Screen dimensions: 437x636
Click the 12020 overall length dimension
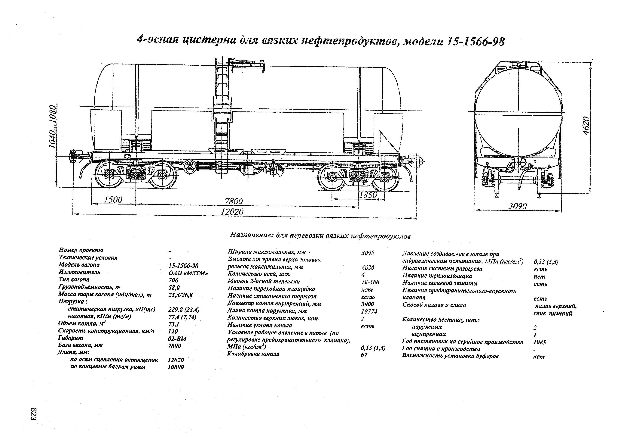(x=232, y=211)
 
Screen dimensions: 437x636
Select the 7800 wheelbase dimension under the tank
(x=234, y=201)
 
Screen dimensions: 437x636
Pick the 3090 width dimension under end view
(x=518, y=206)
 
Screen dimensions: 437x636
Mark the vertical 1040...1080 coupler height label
(x=53, y=126)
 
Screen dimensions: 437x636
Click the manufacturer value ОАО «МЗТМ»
(x=188, y=273)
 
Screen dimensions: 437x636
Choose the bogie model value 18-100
(x=370, y=282)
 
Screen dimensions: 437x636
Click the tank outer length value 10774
(x=369, y=311)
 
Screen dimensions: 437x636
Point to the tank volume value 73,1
(x=174, y=324)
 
